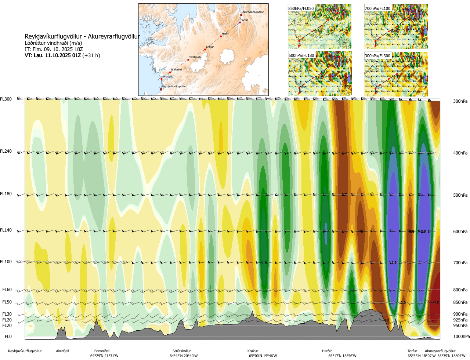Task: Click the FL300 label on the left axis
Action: [6, 99]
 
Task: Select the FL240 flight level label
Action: [6, 151]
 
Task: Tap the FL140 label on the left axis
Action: [6, 230]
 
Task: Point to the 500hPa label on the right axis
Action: [460, 195]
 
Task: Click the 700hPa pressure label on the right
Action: [460, 263]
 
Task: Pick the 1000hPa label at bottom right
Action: [461, 337]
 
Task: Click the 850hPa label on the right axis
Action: [460, 302]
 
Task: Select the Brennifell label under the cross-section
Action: [102, 351]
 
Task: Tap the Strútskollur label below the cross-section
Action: [182, 351]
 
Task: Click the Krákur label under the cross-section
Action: [253, 351]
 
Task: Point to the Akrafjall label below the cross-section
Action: [62, 351]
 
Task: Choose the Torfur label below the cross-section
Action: [412, 351]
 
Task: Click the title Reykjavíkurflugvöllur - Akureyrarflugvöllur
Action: [82, 36]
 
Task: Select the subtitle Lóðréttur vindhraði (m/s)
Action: [53, 43]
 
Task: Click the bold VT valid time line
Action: [62, 55]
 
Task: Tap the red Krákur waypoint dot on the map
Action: [205, 50]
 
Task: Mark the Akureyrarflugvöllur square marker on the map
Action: [241, 15]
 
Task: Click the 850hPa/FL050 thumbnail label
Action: [301, 8]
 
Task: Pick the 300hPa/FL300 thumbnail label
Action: [377, 56]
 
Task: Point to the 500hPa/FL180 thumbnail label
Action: [301, 56]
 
